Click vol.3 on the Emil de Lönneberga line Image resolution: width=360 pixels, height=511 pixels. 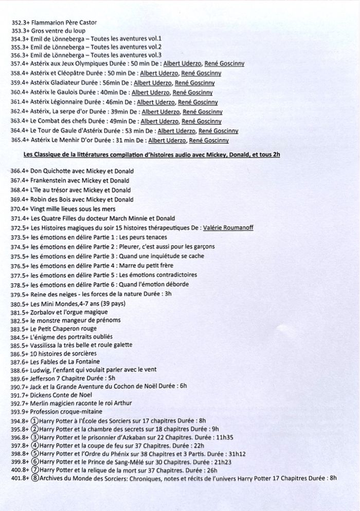point(154,55)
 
